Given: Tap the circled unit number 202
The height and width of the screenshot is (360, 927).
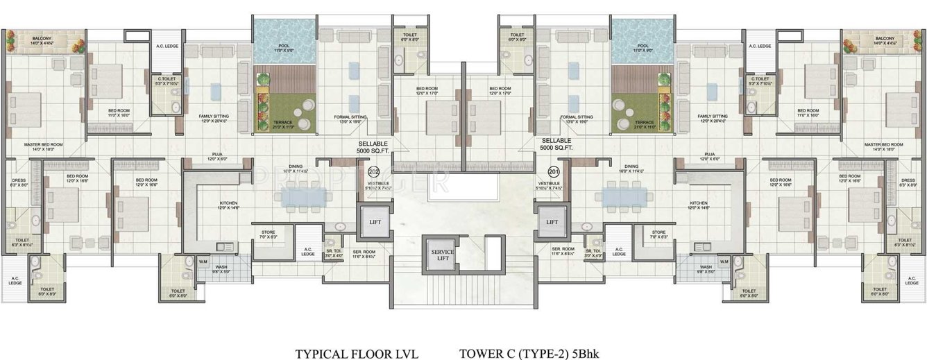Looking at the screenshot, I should (373, 171).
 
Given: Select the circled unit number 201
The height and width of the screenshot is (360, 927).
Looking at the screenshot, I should (554, 171).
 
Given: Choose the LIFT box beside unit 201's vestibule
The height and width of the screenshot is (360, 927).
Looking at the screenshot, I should (552, 222).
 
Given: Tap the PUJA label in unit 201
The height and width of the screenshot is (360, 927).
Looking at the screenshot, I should (709, 155).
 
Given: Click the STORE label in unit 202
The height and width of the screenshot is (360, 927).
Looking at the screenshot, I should (268, 233).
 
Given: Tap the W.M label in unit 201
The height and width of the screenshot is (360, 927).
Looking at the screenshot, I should (723, 262).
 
